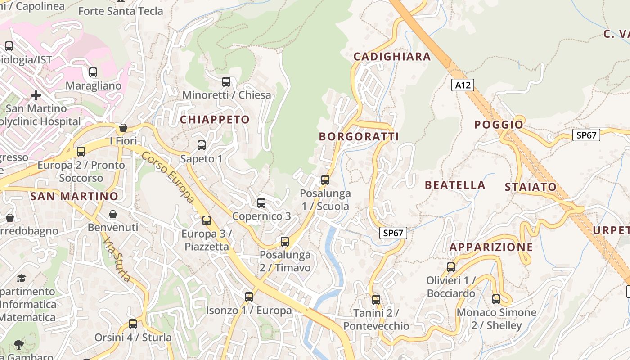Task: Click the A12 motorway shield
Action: click(463, 85)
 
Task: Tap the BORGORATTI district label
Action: click(359, 137)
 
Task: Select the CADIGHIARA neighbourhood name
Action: click(392, 57)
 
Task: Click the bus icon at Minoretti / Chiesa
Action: click(226, 82)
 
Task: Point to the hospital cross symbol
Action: click(36, 95)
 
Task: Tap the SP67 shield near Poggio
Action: click(586, 135)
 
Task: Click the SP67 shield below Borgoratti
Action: click(393, 233)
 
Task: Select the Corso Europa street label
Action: click(168, 177)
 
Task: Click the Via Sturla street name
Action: click(117, 260)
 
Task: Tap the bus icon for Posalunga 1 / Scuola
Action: click(325, 180)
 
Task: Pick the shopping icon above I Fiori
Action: click(123, 128)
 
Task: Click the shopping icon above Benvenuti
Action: click(113, 214)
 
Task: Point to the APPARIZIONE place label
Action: click(491, 247)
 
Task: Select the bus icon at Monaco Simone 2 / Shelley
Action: click(496, 299)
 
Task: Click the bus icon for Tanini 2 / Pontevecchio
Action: click(376, 299)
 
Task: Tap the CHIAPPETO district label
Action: click(215, 120)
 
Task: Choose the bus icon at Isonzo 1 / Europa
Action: click(249, 297)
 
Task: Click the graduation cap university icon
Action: click(21, 278)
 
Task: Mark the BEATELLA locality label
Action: click(455, 185)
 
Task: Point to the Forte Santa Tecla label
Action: click(121, 11)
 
